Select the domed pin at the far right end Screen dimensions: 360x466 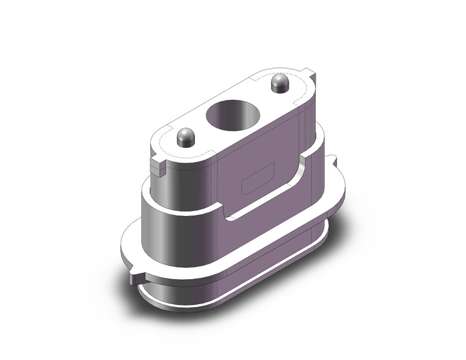coord(280,82)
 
